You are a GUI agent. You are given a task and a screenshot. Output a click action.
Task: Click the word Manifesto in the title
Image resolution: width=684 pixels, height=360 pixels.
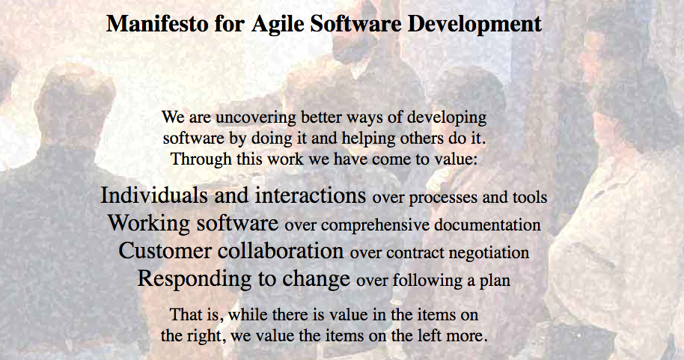(157, 23)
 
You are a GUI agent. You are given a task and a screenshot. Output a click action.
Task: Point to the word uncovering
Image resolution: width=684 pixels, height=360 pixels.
(256, 118)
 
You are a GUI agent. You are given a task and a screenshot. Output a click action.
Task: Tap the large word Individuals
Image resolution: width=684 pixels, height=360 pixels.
(154, 195)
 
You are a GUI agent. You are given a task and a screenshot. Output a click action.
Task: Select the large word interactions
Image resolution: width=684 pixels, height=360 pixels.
(311, 195)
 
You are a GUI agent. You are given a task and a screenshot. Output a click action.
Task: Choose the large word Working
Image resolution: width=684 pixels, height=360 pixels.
(149, 224)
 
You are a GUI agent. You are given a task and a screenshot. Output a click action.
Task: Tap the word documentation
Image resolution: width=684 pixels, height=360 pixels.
(487, 225)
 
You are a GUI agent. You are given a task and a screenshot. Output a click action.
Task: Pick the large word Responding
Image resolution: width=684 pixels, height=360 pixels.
(195, 279)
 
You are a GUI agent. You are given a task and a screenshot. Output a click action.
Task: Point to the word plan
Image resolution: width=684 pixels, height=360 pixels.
(495, 281)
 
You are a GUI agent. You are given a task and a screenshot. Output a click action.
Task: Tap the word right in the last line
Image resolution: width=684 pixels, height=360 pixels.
(207, 337)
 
